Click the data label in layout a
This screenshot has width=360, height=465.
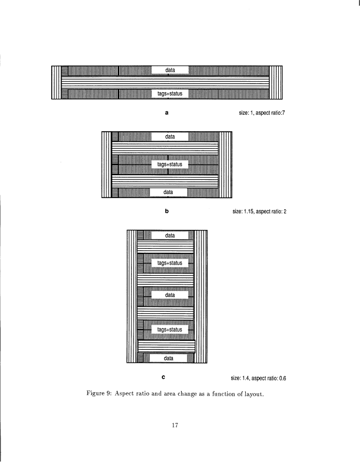tap(170, 71)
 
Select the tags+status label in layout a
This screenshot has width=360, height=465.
tap(170, 93)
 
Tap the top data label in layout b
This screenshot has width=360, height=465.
tap(170, 137)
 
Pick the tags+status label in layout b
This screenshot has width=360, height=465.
tap(170, 165)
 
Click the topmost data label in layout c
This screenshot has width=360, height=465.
tap(170, 236)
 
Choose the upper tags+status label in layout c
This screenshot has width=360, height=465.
tap(170, 263)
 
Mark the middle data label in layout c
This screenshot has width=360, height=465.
tap(170, 295)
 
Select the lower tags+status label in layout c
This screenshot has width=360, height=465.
tap(170, 330)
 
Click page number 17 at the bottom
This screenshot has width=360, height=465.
tap(175, 426)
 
